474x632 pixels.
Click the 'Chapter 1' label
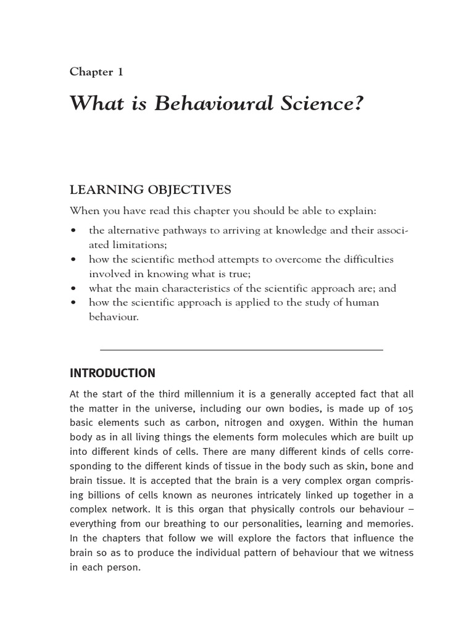[96, 72]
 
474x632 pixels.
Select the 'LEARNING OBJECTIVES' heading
[151, 189]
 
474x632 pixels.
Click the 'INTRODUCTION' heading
[112, 373]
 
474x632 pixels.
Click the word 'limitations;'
[141, 244]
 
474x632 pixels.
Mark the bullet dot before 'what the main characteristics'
[74, 288]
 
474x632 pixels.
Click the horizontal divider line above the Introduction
[241, 350]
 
